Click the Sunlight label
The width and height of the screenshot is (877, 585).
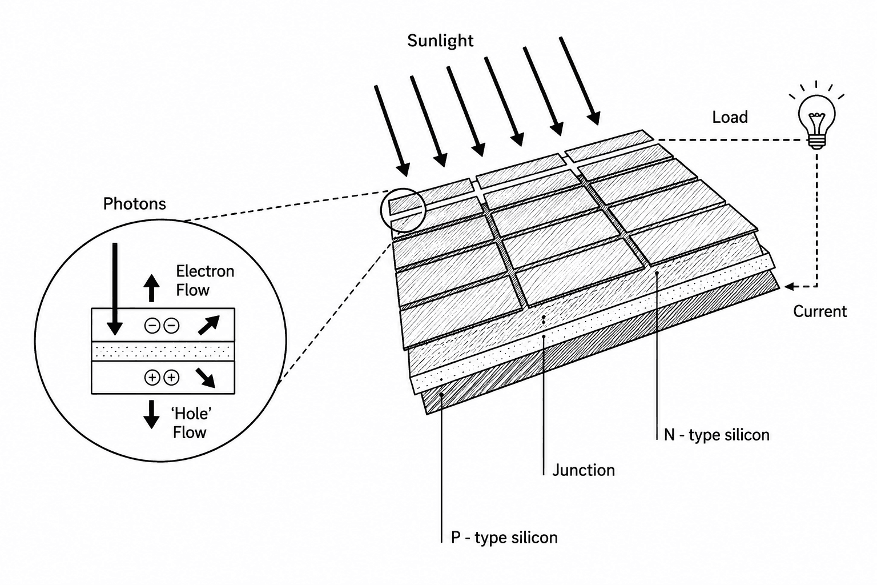click(440, 41)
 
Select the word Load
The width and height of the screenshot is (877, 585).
click(730, 117)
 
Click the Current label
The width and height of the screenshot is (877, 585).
click(820, 311)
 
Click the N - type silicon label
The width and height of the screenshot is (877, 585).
click(717, 435)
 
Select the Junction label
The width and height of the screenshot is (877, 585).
click(584, 470)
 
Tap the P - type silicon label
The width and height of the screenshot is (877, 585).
click(504, 537)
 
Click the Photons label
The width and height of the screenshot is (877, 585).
click(134, 204)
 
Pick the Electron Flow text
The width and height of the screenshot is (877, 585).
click(205, 281)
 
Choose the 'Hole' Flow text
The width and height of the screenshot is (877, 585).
click(192, 423)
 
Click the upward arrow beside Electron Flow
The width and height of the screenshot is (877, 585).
click(151, 288)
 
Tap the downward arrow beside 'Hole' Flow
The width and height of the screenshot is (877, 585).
click(151, 415)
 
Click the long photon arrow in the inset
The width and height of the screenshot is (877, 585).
click(115, 289)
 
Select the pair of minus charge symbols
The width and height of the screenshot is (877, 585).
click(162, 326)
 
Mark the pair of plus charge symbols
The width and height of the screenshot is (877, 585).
click(162, 378)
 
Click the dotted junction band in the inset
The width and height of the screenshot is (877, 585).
click(163, 351)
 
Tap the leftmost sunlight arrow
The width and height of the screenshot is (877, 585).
click(392, 131)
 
